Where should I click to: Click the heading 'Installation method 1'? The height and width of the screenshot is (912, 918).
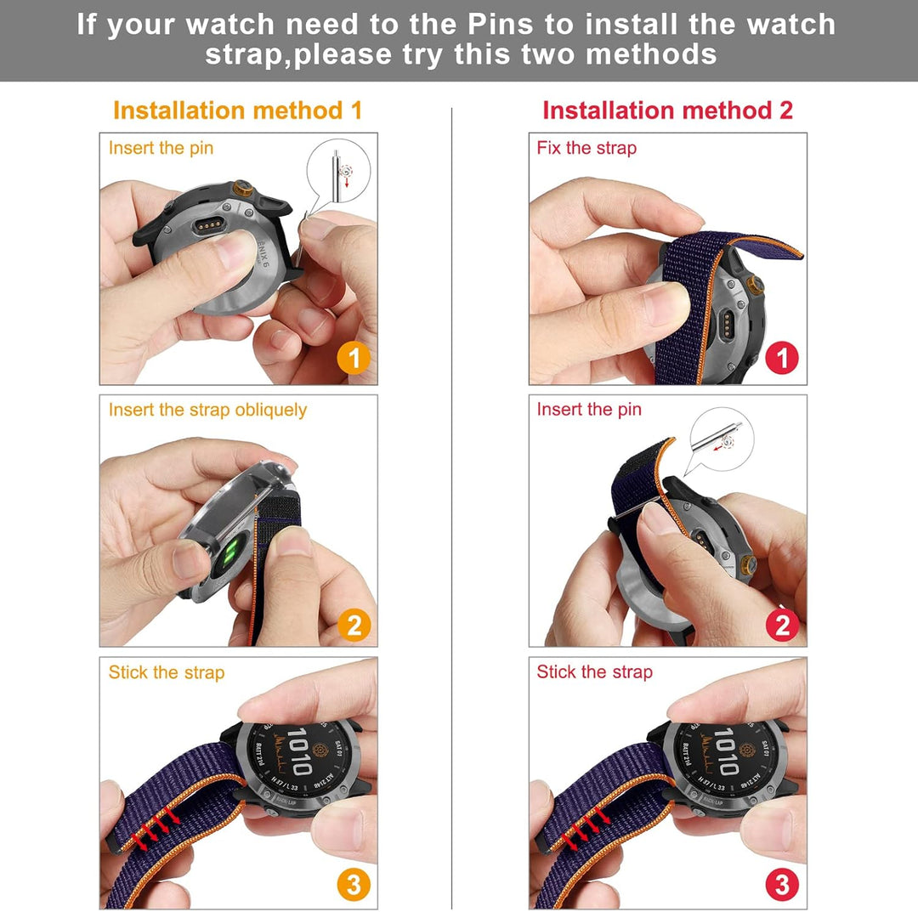pos(237,110)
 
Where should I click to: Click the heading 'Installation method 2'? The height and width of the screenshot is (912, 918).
pos(667,110)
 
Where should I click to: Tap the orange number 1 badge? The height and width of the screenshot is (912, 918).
pos(354,359)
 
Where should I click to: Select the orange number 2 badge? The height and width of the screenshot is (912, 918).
pos(354,626)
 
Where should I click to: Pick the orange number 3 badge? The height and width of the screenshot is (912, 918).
pos(354,885)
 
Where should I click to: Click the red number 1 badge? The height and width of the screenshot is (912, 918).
pos(782,359)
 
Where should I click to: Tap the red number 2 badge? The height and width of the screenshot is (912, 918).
pos(782,626)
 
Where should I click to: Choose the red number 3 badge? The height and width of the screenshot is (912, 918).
pos(782,885)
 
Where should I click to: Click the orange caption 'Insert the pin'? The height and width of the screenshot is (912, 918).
pos(161,148)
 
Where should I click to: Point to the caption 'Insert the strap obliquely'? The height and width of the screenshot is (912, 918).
pos(207,410)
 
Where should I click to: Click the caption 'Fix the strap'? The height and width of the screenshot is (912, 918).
pos(586,148)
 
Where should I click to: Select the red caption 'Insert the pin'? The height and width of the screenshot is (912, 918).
pos(589,410)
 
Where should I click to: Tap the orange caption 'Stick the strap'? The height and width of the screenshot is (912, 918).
pos(167,672)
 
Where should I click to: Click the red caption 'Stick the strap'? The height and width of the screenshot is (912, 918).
pos(595,672)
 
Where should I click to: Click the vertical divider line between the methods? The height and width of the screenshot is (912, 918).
pos(451,510)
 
